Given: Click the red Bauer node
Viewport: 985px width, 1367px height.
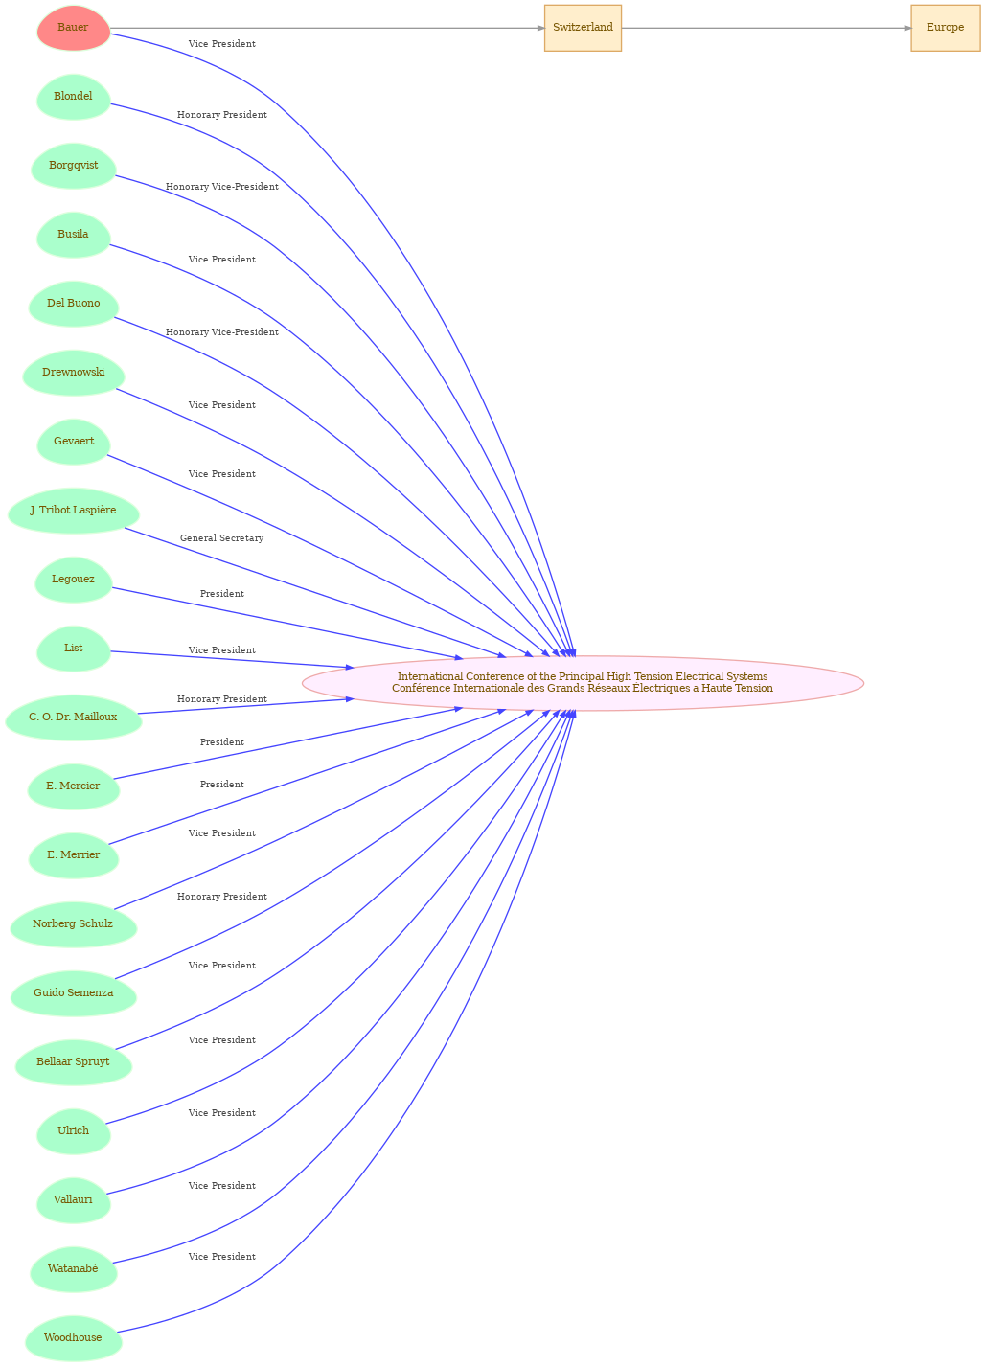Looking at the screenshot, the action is click(x=73, y=28).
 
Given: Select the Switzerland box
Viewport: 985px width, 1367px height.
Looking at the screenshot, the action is click(x=583, y=28).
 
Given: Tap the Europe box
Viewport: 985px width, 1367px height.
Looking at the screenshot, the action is click(x=946, y=28).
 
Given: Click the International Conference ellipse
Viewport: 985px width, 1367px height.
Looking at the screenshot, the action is click(x=583, y=683).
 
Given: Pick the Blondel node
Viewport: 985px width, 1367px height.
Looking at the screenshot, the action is click(x=73, y=97).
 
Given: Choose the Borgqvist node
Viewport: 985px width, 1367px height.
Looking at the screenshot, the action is click(x=73, y=166).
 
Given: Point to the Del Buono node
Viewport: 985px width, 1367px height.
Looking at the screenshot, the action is click(x=73, y=304).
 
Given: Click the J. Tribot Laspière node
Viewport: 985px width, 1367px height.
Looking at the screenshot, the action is click(x=73, y=511).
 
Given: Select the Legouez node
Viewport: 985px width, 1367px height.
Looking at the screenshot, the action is click(x=73, y=580).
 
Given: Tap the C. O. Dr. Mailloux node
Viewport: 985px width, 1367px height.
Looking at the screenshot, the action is click(x=73, y=718).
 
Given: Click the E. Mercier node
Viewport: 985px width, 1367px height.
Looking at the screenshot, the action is click(x=73, y=786).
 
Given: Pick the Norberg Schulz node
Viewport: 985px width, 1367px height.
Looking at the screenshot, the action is click(x=73, y=924).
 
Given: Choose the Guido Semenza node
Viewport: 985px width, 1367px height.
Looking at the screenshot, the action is click(x=73, y=993).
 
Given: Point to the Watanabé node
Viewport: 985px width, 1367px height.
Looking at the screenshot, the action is click(x=73, y=1269).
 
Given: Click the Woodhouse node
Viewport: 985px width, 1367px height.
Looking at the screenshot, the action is click(x=73, y=1338).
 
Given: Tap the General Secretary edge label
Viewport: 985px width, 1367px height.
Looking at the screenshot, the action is click(x=222, y=538).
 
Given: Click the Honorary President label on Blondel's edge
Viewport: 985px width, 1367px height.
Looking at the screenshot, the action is click(x=222, y=115).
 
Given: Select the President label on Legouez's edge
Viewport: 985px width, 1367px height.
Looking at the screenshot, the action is click(x=222, y=594).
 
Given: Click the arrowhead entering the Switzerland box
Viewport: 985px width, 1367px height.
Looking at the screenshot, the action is click(x=540, y=28).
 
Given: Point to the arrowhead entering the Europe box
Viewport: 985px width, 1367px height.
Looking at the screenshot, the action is click(x=906, y=28).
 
